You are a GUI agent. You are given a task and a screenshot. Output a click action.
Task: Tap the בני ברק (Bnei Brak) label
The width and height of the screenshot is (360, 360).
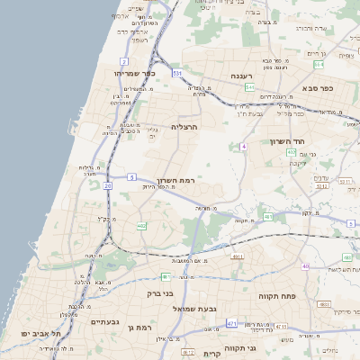159,293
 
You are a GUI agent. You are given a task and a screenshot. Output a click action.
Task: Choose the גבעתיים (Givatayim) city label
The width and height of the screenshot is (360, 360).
105,321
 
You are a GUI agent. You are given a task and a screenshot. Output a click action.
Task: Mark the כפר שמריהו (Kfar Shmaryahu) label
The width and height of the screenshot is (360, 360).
136,72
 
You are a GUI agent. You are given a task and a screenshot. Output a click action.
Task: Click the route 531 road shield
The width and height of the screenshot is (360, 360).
177,72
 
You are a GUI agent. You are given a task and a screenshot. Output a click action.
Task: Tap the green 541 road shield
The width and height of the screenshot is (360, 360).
250,87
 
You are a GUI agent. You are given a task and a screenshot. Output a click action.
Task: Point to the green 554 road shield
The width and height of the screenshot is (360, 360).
292,153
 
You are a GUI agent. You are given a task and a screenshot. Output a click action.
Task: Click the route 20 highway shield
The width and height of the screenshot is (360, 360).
107,185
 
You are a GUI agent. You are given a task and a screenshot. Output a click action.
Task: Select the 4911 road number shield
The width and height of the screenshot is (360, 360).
238,257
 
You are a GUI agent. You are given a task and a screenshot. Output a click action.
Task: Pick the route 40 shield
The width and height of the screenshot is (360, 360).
305,266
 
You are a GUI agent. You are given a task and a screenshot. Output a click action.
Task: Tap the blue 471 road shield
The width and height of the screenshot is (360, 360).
232,322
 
